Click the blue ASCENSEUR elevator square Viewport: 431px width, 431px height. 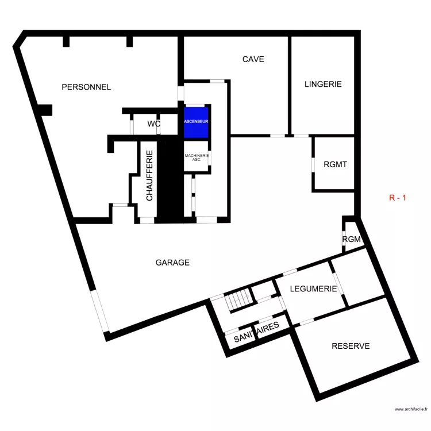(197, 122)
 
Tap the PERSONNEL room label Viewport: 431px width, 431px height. (86, 87)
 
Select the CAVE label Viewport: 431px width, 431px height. (253, 59)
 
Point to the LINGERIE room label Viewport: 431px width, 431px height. (323, 84)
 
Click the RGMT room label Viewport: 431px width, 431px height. (335, 164)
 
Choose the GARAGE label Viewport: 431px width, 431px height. (172, 263)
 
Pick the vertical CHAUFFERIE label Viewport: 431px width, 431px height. (149, 175)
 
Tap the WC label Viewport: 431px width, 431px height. (153, 124)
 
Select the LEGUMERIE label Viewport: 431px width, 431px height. (313, 288)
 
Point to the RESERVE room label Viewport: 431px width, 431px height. (351, 346)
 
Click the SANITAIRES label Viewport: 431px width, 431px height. (256, 332)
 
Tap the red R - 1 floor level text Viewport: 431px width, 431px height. (398, 198)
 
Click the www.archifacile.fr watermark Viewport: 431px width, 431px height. (411, 409)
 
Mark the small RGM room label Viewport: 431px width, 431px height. (351, 240)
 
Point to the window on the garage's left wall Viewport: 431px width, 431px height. (98, 311)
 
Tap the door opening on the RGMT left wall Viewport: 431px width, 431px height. (313, 164)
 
